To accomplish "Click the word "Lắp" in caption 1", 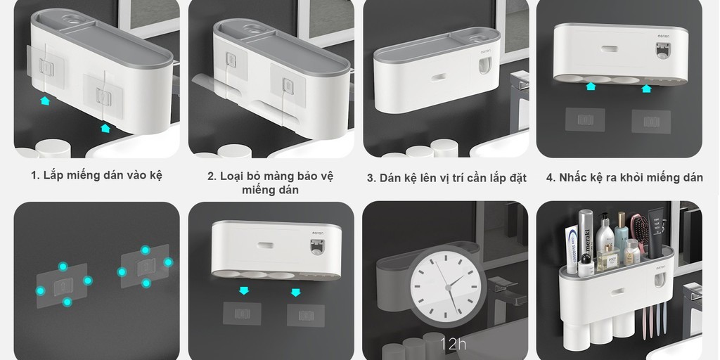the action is (52, 175).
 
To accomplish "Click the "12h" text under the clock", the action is (453, 344).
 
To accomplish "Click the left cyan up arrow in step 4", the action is (591, 86).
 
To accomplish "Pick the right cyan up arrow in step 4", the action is (647, 88).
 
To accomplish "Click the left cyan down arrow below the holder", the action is (244, 290).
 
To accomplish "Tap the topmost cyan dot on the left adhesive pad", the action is (63, 266).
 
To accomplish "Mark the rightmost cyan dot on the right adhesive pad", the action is (169, 262).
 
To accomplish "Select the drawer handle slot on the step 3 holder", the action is (438, 77).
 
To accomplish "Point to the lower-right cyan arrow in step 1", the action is (105, 128).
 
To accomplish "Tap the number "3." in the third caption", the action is (371, 178).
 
